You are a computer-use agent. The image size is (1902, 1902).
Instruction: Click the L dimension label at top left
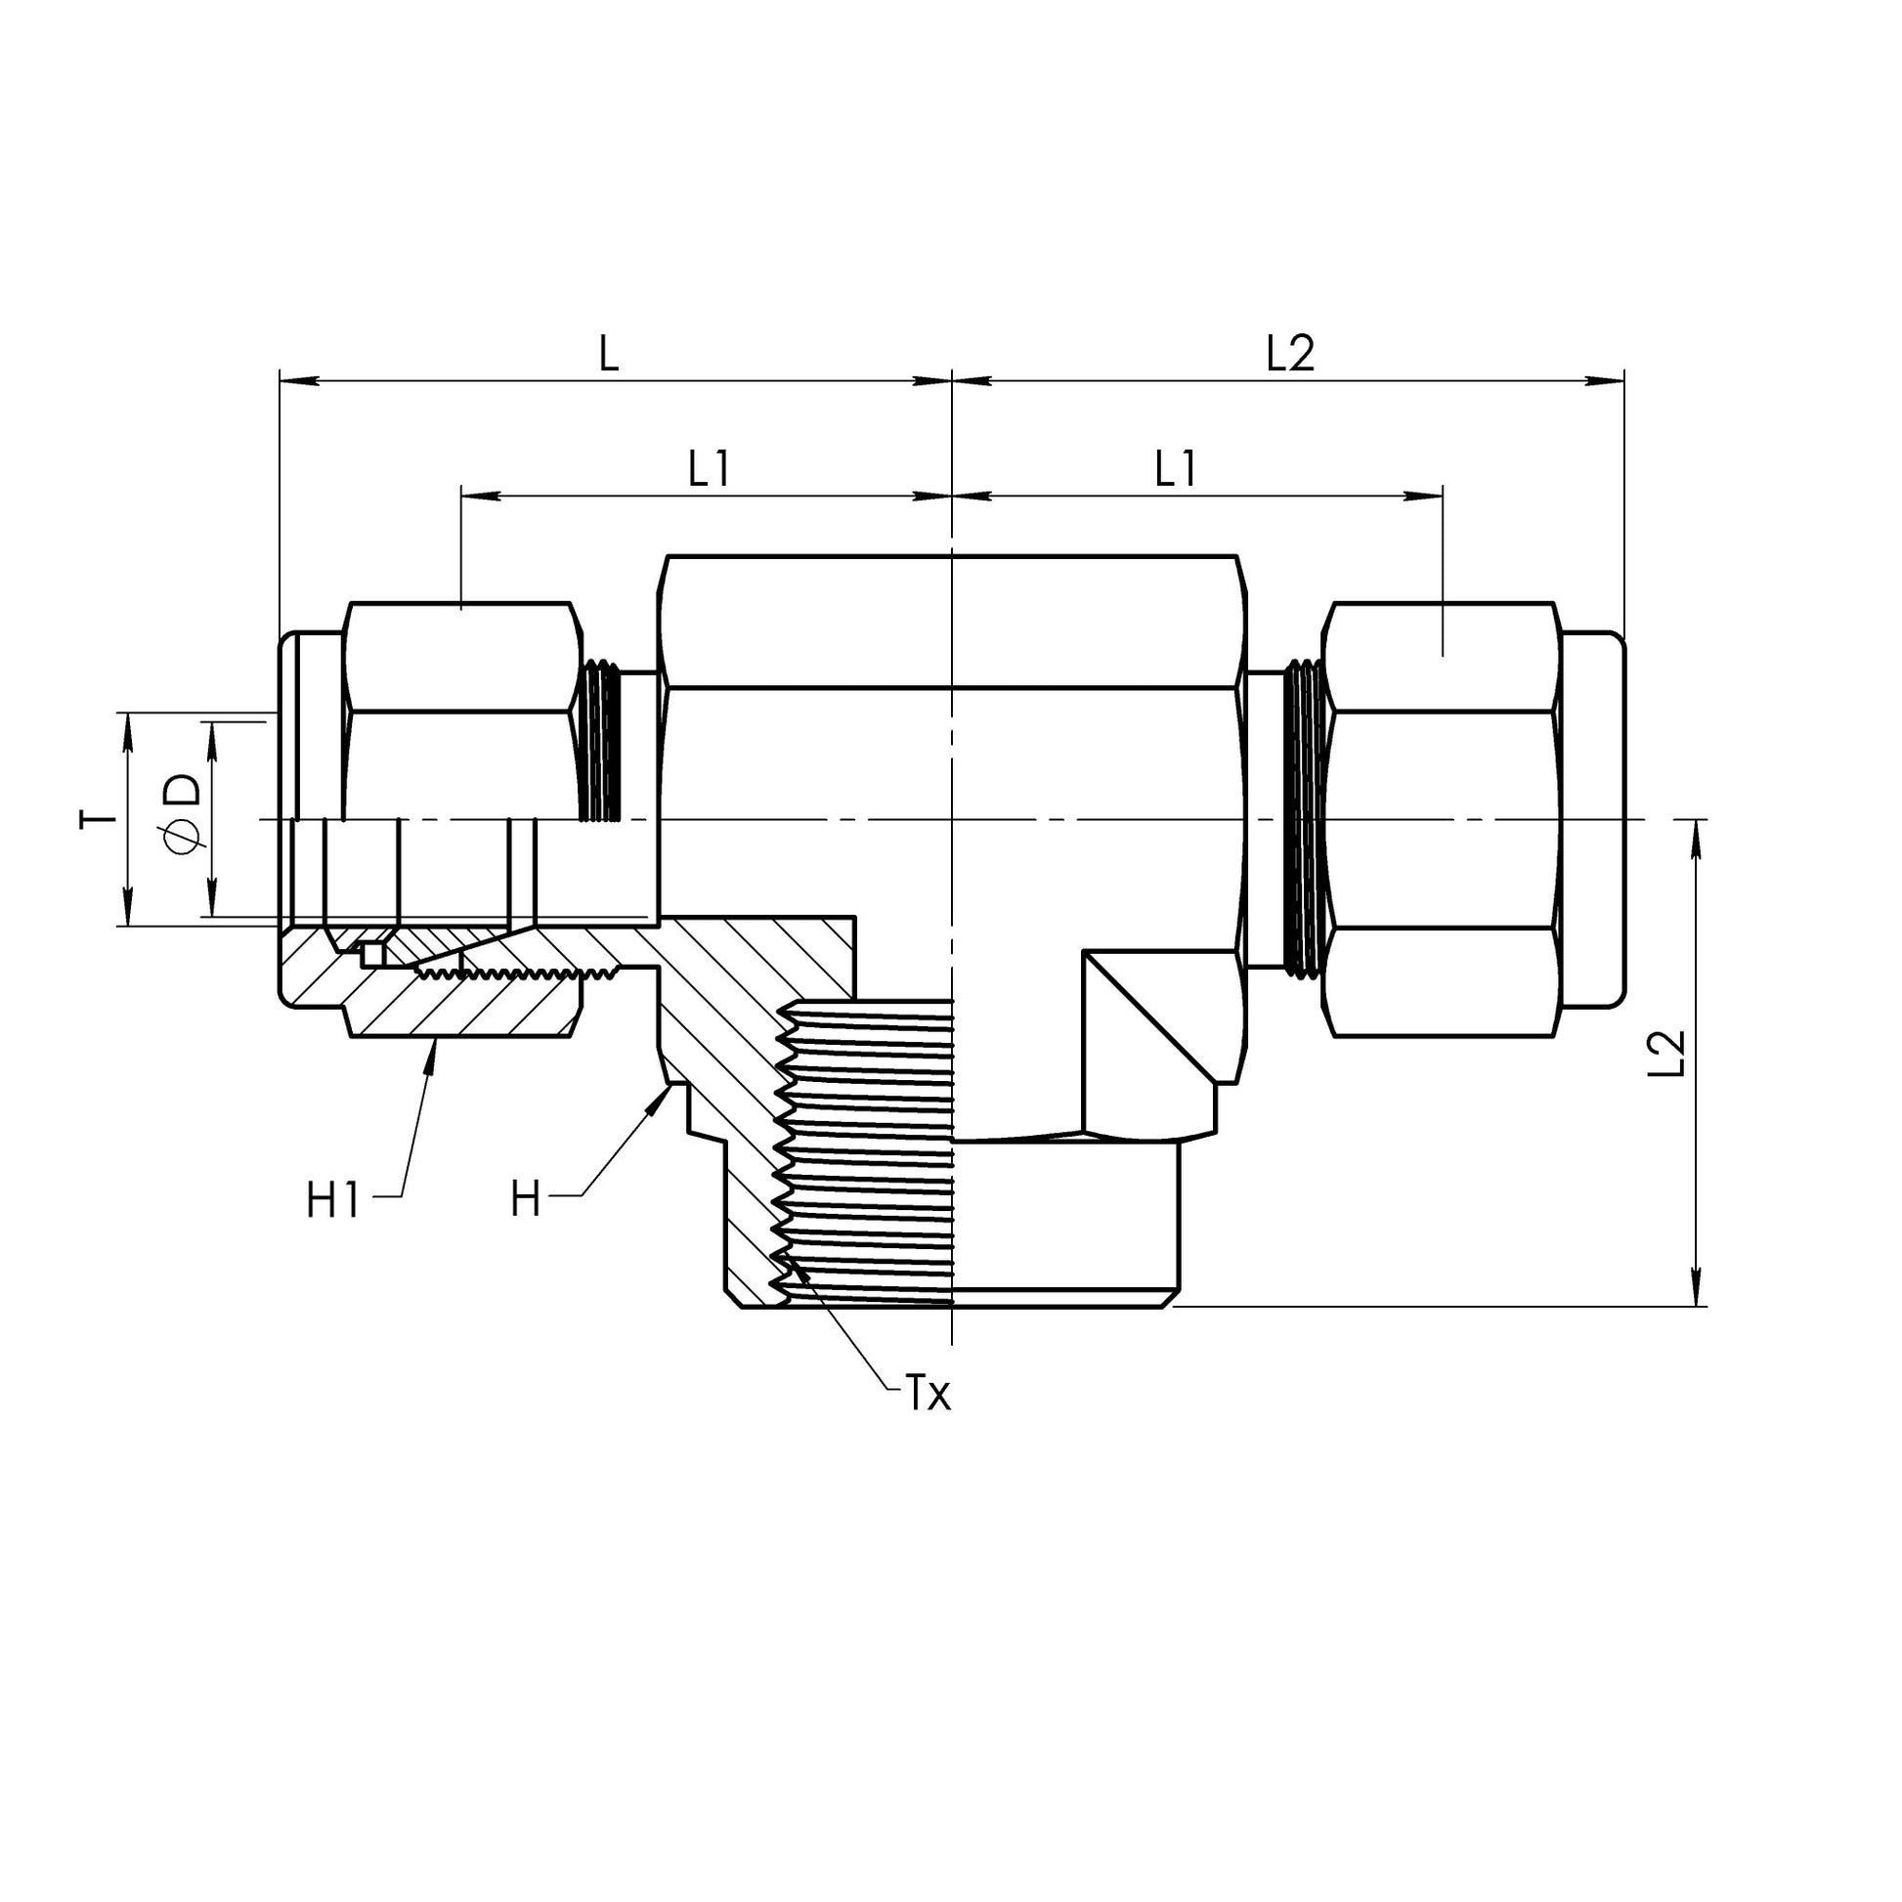[x=609, y=356]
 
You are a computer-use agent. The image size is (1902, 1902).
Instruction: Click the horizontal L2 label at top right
[x=1289, y=354]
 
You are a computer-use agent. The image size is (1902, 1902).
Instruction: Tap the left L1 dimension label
[x=709, y=470]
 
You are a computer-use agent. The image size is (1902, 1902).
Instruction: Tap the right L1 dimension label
[x=1176, y=470]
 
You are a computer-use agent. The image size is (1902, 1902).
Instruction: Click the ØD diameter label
[x=183, y=815]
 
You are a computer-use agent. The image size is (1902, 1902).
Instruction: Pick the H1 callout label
[x=333, y=1202]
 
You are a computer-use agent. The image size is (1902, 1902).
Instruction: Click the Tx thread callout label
[x=928, y=1394]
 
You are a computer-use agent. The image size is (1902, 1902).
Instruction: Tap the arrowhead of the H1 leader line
[x=433, y=1048]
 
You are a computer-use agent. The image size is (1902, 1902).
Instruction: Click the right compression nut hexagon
[x=1442, y=819]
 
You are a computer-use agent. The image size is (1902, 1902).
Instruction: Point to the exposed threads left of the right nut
[x=1303, y=819]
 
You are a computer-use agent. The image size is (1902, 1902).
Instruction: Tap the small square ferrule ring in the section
[x=371, y=954]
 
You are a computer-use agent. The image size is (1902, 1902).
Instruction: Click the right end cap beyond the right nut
[x=1592, y=819]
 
